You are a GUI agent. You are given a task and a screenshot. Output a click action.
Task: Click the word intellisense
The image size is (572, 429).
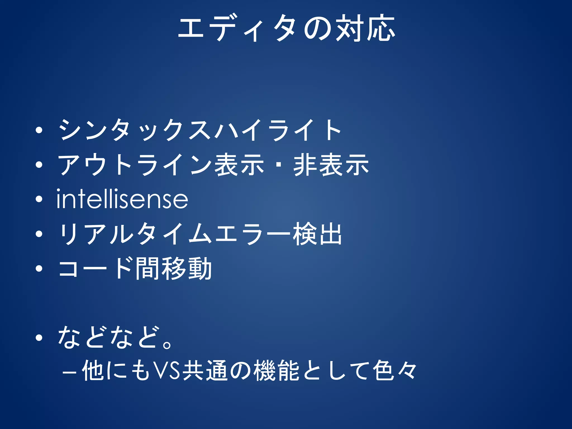pos(122,199)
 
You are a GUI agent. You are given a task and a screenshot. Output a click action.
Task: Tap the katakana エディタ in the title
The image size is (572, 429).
pos(237,29)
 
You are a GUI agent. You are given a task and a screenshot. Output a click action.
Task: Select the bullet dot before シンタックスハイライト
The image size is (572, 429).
pos(39,130)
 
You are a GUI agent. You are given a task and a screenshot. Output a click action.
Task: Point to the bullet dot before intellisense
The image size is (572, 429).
pos(39,199)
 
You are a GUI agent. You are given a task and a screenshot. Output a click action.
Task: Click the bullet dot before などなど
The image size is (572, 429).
pos(39,338)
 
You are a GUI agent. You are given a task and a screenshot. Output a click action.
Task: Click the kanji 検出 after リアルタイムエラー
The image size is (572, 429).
pos(317,234)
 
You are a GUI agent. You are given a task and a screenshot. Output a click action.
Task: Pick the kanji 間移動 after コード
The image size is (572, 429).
pos(173,268)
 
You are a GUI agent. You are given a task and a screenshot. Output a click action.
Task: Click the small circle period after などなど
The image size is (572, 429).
pos(167,344)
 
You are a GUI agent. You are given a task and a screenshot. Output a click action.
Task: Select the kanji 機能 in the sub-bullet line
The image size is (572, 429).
pos(277,371)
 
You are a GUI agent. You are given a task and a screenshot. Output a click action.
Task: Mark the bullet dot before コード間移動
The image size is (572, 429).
pos(39,268)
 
